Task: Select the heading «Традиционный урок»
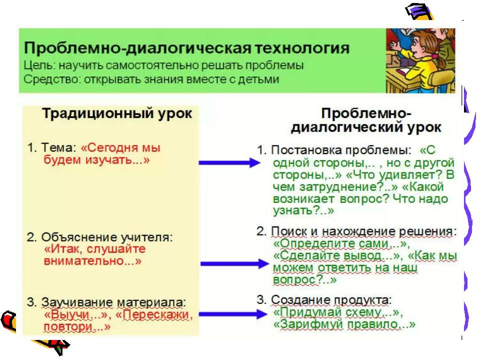(117, 113)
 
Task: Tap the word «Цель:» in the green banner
(39, 65)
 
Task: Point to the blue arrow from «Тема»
(229, 162)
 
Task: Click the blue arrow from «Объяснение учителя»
(234, 263)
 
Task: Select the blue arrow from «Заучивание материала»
(232, 314)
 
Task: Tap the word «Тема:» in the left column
(58, 147)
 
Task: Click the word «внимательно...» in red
(92, 261)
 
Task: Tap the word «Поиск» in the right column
(289, 231)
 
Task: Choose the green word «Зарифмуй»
(307, 324)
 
